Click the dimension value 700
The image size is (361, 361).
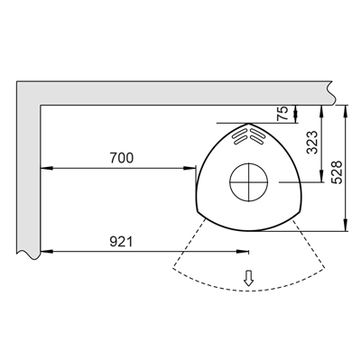121,158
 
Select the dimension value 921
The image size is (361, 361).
121,241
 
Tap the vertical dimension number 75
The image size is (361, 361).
282,114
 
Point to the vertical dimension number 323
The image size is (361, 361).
312,143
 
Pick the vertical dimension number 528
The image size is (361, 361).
337,172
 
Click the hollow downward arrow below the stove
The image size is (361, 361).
248,278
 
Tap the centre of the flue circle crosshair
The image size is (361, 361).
249,182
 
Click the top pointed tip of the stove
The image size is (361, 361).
248,124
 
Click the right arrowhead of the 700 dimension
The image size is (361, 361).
190,168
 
